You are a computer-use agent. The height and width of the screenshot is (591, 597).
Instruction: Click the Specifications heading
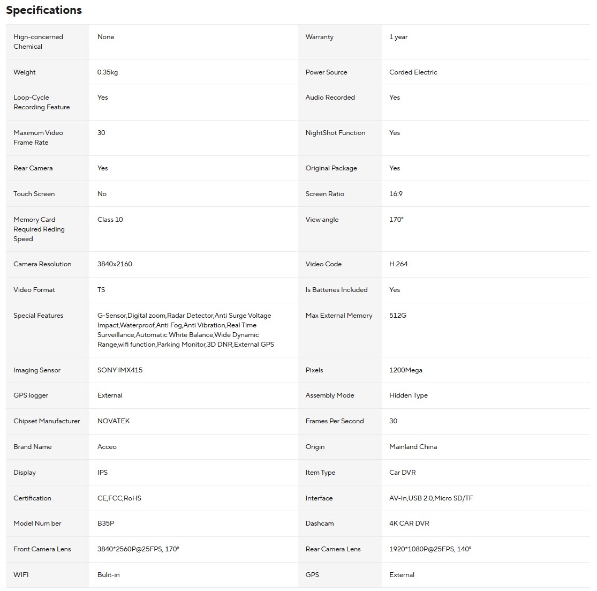44,10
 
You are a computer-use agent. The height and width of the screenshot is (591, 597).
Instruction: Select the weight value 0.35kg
108,72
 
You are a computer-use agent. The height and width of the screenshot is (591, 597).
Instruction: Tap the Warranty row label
319,37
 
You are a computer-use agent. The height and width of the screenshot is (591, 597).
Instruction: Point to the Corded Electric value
413,72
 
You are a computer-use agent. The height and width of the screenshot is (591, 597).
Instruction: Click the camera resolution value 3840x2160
115,264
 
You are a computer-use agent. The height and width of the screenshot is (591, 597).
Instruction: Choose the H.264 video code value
398,264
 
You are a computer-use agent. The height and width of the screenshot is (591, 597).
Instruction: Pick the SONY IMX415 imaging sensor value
120,370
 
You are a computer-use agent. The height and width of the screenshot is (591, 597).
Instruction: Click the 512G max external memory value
398,316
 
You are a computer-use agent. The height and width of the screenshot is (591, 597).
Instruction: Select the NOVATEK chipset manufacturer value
114,421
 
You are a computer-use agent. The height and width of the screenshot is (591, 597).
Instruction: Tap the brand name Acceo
107,447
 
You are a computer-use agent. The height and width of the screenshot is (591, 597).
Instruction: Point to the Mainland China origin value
413,447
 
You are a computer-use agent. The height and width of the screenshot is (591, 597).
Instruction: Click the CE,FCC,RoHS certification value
119,498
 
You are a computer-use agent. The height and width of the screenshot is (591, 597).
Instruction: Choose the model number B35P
105,523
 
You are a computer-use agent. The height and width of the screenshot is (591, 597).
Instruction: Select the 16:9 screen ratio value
396,194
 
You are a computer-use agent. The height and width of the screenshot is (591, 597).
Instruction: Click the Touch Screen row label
34,194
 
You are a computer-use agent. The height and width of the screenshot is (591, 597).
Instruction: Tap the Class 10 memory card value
110,220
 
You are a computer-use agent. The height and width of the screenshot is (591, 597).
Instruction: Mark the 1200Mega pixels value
406,370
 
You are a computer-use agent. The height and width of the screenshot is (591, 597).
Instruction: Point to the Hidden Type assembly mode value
408,395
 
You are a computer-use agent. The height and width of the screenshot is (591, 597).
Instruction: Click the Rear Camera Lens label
333,549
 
